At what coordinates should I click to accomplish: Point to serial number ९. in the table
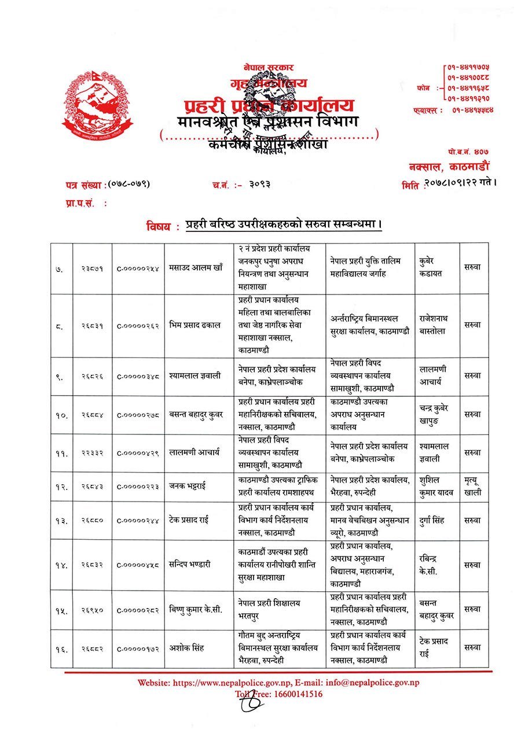pos(62,375)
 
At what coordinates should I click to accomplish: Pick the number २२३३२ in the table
pos(92,452)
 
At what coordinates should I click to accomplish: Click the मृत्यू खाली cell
pos(472,487)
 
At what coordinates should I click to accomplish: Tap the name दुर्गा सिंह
pos(432,520)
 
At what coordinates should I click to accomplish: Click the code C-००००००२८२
pos(138,610)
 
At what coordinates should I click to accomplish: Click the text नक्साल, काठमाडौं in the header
pos(452,167)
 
